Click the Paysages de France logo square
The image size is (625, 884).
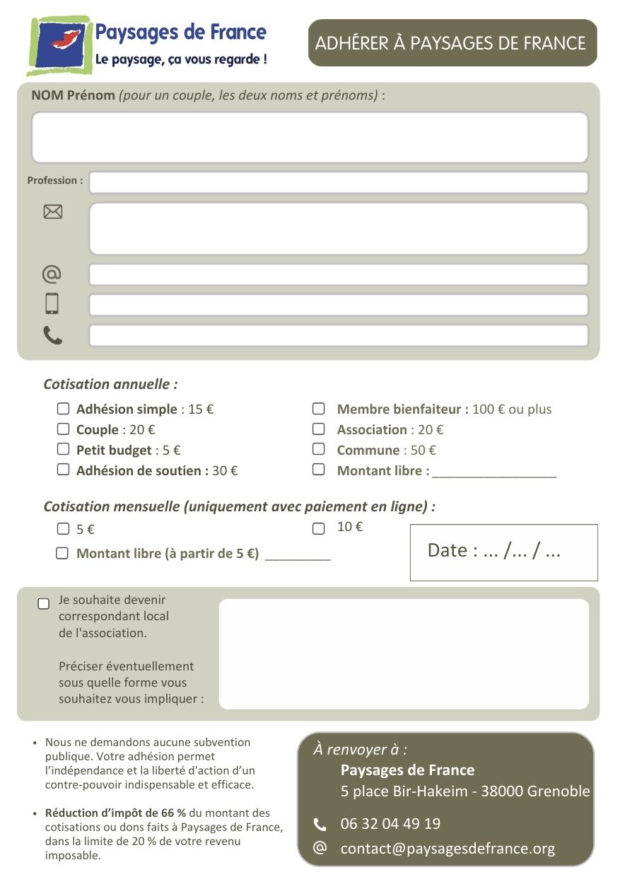(x=60, y=45)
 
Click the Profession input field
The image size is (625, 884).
(x=338, y=182)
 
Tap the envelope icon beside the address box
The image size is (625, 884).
(x=53, y=211)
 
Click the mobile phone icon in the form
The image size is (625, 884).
(x=52, y=303)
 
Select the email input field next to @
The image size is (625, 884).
(x=338, y=274)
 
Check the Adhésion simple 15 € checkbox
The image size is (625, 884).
(x=64, y=409)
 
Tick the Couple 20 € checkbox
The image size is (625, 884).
(x=64, y=429)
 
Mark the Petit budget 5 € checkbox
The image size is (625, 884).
(x=64, y=449)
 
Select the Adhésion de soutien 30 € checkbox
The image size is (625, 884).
(x=64, y=469)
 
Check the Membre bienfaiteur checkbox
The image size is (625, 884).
(x=319, y=409)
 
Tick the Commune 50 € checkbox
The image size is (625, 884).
(x=319, y=449)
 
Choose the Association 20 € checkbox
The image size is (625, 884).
(x=319, y=429)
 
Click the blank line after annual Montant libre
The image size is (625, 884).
(x=494, y=472)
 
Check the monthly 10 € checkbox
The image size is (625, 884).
(x=319, y=528)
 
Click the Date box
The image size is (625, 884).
(x=503, y=552)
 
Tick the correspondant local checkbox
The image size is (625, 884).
(x=44, y=603)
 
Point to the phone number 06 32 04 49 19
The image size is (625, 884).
(x=390, y=824)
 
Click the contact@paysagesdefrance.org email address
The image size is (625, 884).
(x=448, y=849)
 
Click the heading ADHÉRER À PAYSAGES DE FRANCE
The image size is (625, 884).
(x=450, y=43)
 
